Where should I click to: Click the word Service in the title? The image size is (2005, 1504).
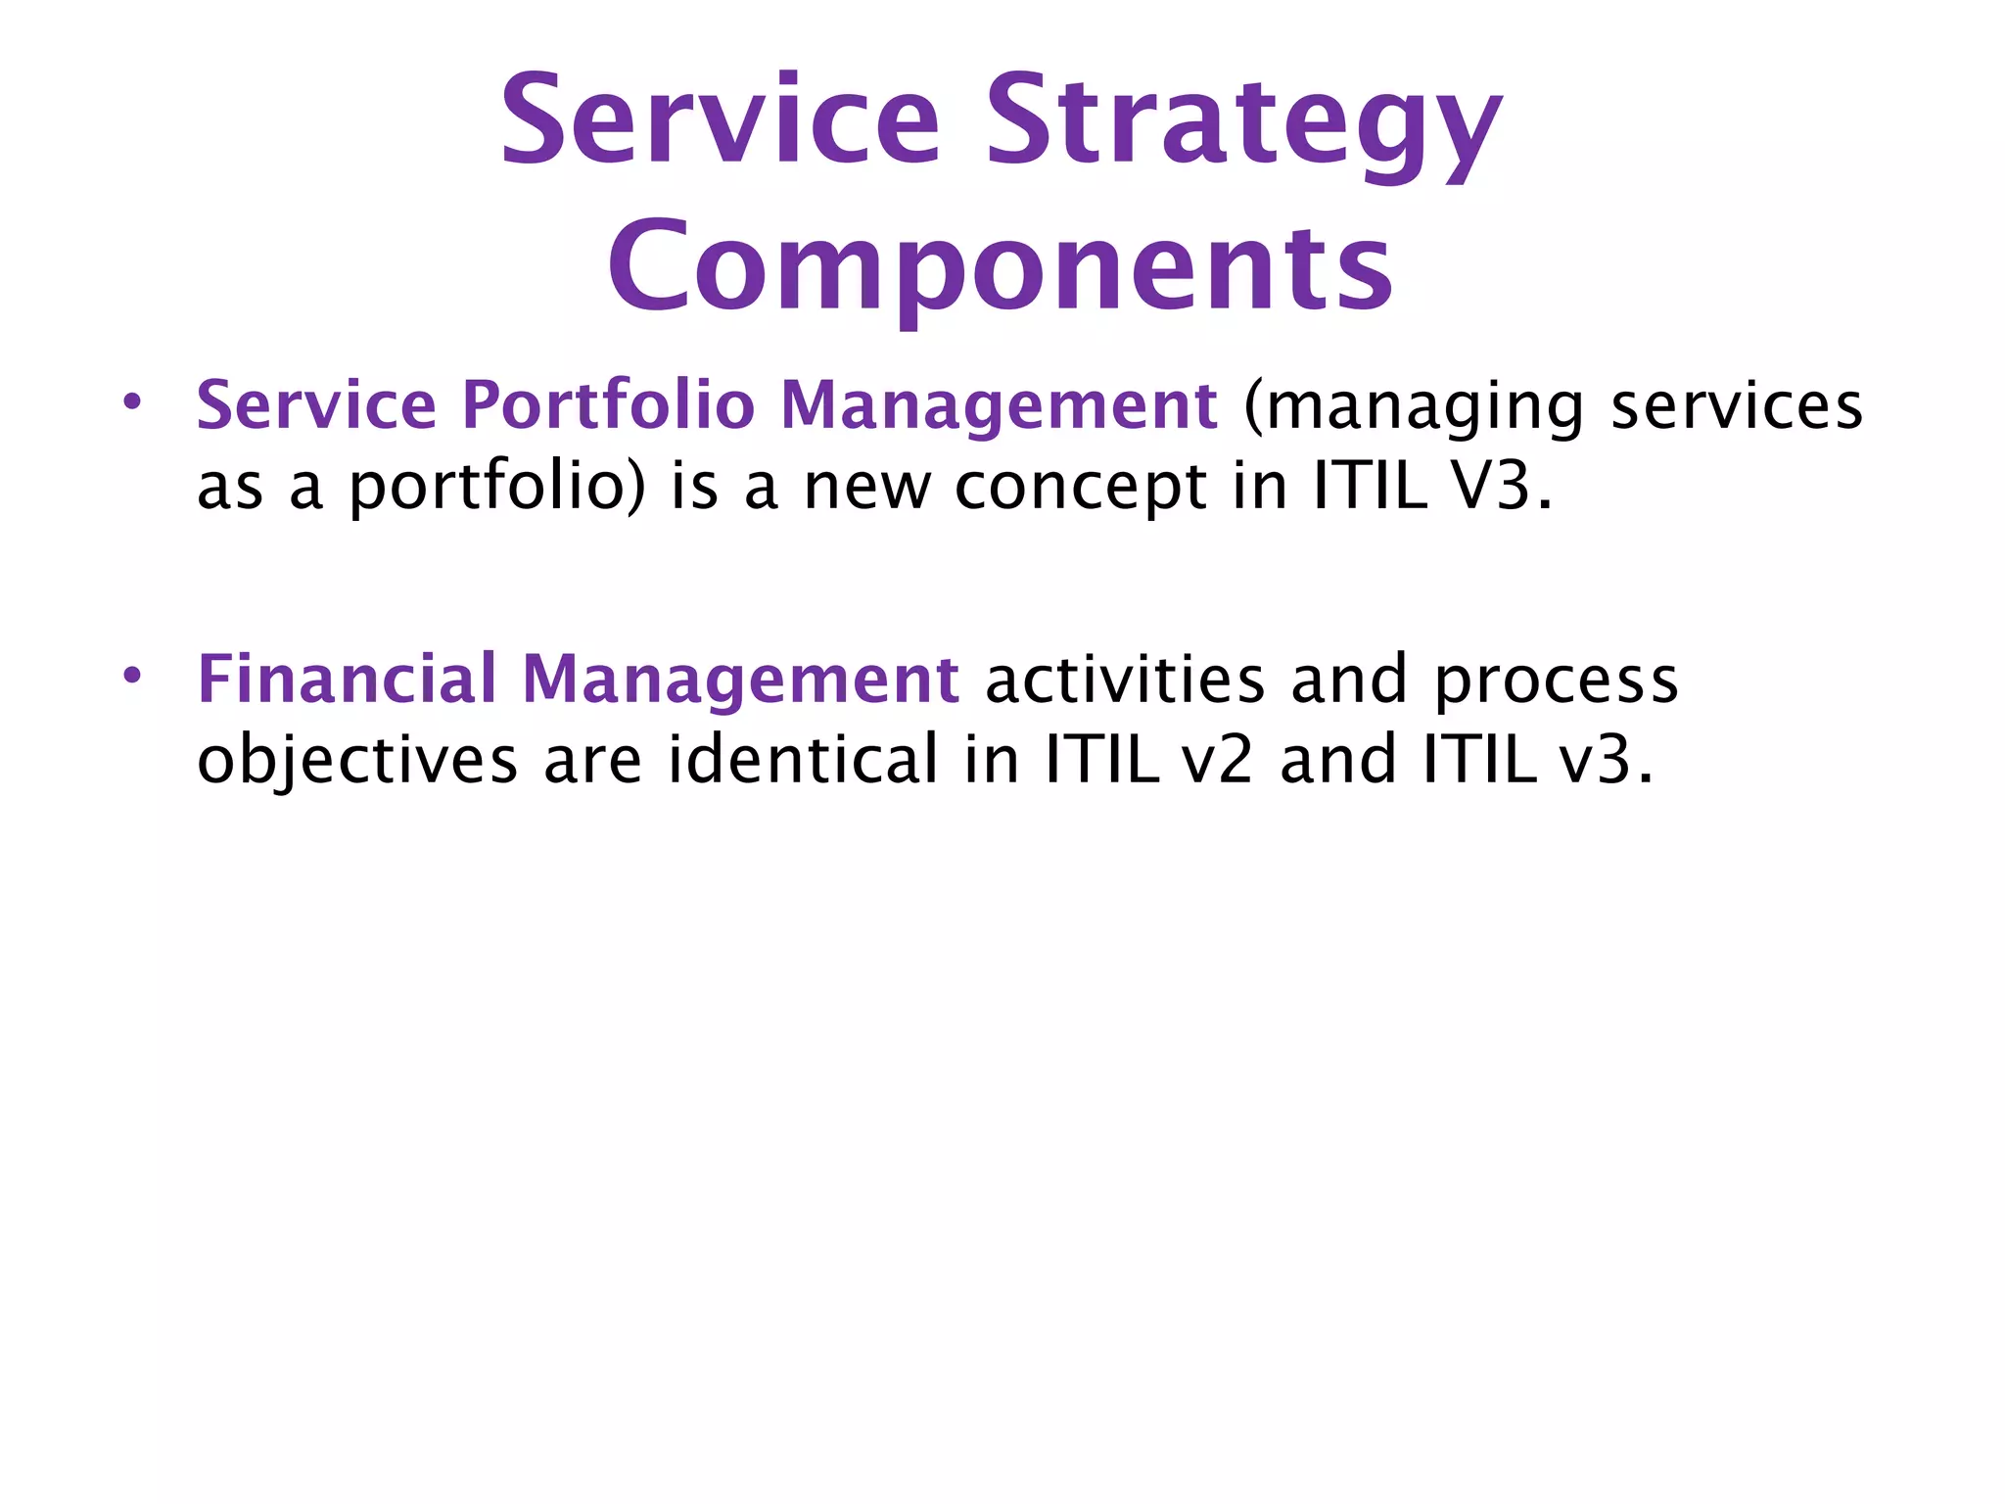coord(720,121)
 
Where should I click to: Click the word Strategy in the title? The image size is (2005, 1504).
coord(1243,127)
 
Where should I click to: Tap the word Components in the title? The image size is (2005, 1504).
coord(1001,266)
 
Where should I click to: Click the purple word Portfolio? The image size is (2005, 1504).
coord(608,405)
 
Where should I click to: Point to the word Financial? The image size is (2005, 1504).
coord(347,679)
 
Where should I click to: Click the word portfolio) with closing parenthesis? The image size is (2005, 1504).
coord(497,488)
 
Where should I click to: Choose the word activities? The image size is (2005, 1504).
coord(1125,679)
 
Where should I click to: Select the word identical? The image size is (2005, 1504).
coord(803,760)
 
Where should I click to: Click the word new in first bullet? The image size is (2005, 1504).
coord(866,488)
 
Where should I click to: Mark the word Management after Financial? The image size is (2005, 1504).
coord(740,681)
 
